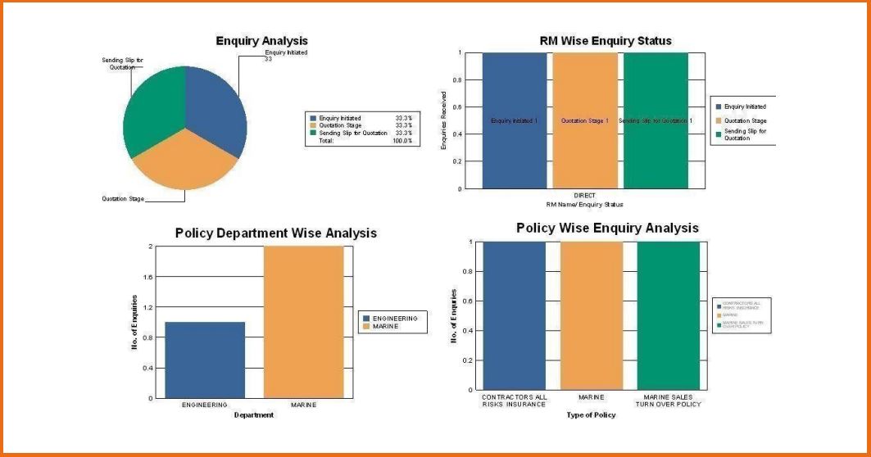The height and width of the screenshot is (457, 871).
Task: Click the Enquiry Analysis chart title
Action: [x=261, y=41]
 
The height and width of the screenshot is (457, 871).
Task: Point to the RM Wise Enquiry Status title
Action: [x=606, y=41]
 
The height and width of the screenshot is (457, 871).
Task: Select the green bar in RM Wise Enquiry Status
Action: [x=655, y=120]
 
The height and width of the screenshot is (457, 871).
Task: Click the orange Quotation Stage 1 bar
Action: [x=584, y=120]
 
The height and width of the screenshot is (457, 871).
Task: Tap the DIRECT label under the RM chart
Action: [x=584, y=196]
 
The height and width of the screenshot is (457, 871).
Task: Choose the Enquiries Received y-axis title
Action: [x=444, y=121]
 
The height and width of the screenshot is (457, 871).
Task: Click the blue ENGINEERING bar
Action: [x=205, y=360]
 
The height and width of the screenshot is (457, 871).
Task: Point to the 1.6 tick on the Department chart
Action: [x=147, y=277]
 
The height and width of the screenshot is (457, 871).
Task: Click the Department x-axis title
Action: [x=254, y=415]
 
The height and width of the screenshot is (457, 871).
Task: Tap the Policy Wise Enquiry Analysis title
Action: [x=607, y=228]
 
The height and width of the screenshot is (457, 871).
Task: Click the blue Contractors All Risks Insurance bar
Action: [x=514, y=315]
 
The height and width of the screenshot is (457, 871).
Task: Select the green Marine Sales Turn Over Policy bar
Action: [x=669, y=315]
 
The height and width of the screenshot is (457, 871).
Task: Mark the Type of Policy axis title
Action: [x=591, y=415]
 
